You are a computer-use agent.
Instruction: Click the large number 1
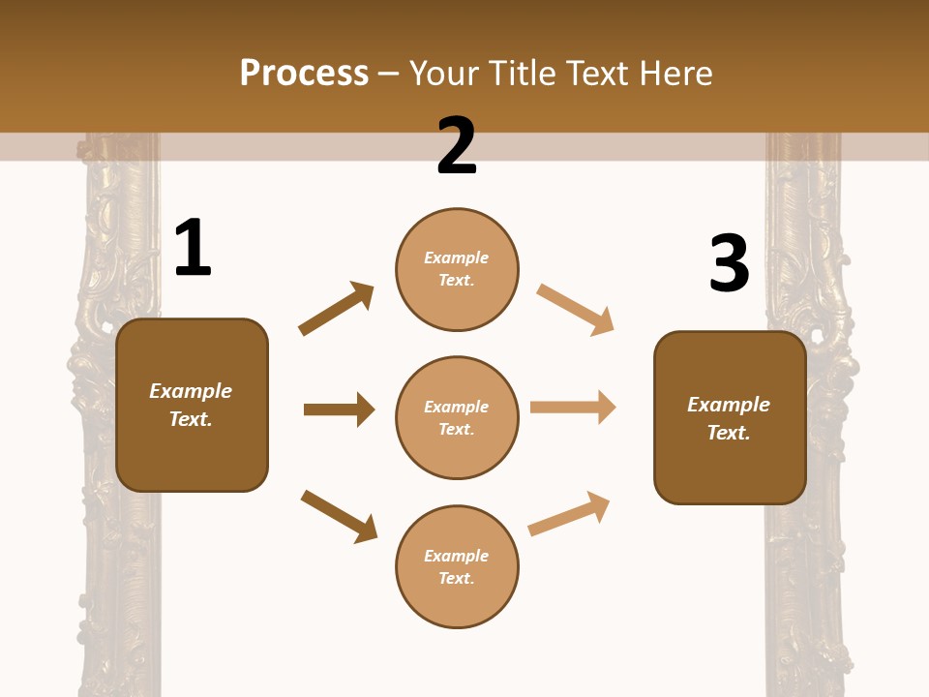pos(193,249)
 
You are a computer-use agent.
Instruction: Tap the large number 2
pos(457,146)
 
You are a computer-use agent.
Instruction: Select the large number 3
pos(729,264)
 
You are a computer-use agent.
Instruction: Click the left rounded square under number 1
pos(192,405)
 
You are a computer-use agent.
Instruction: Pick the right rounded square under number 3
pos(730,417)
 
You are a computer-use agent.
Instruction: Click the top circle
pos(457,269)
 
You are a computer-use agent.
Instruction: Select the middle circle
pos(457,417)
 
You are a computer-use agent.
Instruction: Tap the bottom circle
pos(457,566)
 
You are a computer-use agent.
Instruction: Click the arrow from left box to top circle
pos(336,309)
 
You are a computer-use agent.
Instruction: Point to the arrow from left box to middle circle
pos(339,409)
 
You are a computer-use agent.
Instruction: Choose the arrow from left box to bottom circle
pos(339,515)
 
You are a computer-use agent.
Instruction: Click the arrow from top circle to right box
pos(575,310)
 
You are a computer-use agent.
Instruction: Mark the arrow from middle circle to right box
pos(573,408)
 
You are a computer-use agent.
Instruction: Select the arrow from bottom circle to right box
pos(569,513)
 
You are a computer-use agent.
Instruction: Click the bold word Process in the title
pos(304,73)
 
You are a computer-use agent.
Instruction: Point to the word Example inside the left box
pos(191,391)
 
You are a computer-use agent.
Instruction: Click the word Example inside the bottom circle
pos(457,556)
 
